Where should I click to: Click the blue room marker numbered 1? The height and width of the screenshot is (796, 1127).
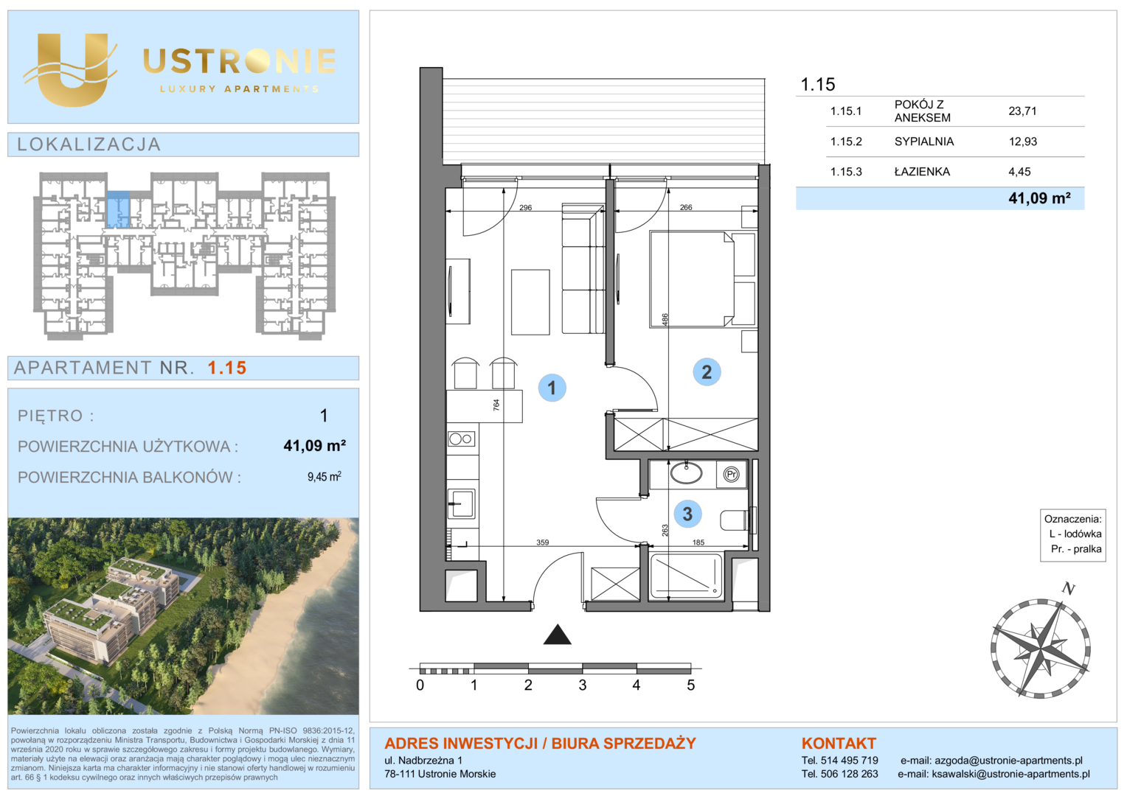552,388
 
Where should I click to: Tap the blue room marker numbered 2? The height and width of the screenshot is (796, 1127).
707,371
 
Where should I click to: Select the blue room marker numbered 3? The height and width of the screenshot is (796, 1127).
687,514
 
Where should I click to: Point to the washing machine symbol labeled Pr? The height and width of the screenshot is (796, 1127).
731,474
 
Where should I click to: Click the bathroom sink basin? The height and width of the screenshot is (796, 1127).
686,472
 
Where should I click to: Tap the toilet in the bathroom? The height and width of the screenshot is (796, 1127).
738,520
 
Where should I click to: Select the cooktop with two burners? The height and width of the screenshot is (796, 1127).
460,439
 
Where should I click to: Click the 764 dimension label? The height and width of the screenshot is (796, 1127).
496,405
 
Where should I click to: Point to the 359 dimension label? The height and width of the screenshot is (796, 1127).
542,542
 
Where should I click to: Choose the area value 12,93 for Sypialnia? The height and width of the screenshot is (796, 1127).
1022,142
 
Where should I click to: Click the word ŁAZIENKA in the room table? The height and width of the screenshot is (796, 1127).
922,172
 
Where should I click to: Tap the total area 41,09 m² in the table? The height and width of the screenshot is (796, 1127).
1039,198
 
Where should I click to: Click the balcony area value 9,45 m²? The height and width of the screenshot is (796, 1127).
324,476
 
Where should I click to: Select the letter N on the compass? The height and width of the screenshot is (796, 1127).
1068,588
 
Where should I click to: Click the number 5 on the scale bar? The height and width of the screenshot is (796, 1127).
691,685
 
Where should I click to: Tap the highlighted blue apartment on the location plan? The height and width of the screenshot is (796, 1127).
118,209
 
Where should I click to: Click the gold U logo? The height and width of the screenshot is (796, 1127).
72,69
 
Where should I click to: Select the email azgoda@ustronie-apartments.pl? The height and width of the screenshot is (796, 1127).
1008,761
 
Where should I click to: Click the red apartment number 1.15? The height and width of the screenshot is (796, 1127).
227,368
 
